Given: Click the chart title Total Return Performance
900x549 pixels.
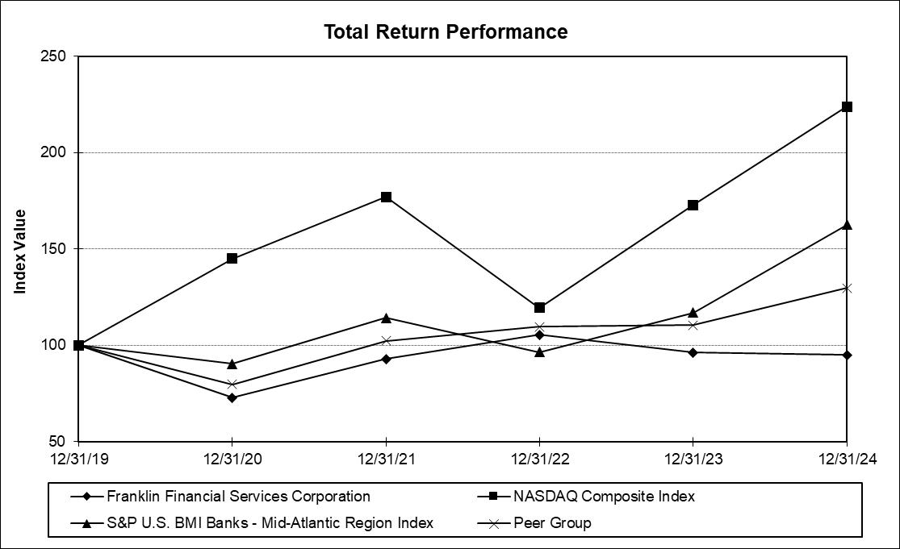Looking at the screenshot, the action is (446, 31).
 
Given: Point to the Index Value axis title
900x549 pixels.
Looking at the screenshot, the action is (20, 252).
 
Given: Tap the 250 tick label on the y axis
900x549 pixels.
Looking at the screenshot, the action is (52, 56).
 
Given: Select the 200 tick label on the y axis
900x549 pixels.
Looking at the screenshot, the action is (52, 152).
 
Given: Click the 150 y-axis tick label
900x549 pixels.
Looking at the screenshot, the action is (52, 249).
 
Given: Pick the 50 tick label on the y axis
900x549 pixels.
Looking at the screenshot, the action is (57, 441).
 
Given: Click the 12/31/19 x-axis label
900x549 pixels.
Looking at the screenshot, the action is (78, 459).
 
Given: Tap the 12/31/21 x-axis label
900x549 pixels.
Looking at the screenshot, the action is (387, 459).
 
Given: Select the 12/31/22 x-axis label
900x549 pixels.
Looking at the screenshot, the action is (539, 459).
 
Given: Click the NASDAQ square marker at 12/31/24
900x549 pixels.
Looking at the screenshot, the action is (847, 106).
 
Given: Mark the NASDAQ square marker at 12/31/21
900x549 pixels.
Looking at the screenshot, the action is (387, 198).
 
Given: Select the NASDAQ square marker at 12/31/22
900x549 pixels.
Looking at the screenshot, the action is (539, 308).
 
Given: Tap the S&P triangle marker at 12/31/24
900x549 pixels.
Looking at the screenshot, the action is (847, 225).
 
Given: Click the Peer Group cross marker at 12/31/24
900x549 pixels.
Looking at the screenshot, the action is (847, 289).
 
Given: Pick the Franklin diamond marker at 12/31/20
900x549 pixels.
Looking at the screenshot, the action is (232, 397).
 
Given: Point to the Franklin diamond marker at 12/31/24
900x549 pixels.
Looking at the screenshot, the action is (847, 356).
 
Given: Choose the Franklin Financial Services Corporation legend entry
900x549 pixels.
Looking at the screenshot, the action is (220, 497).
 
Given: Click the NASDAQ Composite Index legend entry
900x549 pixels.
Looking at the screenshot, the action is (586, 497).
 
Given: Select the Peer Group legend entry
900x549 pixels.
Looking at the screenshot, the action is (534, 522).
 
